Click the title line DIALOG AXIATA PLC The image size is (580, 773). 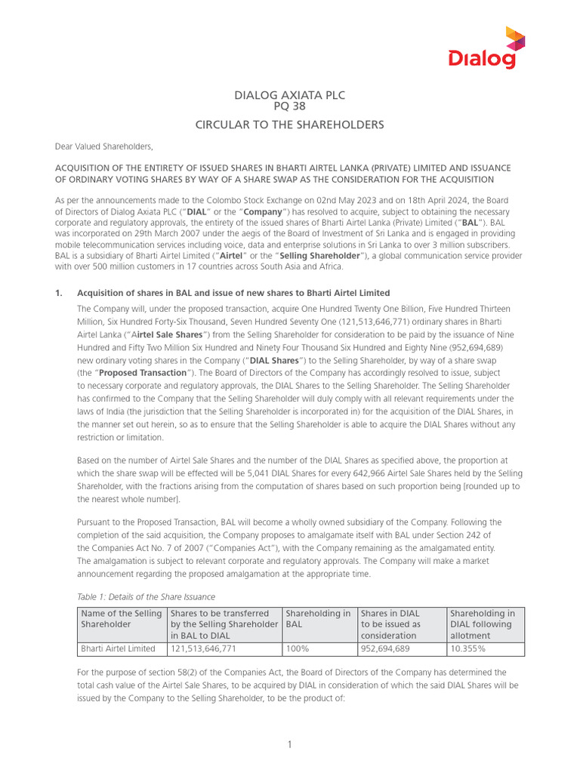pyautogui.click(x=290, y=95)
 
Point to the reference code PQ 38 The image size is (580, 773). pyautogui.click(x=290, y=108)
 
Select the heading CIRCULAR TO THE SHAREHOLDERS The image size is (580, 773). pyautogui.click(x=290, y=125)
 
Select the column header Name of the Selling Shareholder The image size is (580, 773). pyautogui.click(x=121, y=619)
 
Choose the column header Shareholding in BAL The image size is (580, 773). pyautogui.click(x=319, y=619)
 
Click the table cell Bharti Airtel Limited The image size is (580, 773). pyautogui.click(x=118, y=648)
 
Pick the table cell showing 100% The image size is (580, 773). pyautogui.click(x=296, y=648)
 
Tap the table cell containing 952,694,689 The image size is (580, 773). pyautogui.click(x=385, y=648)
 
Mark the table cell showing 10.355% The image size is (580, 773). pyautogui.click(x=467, y=648)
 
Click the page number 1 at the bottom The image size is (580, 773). pyautogui.click(x=290, y=745)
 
